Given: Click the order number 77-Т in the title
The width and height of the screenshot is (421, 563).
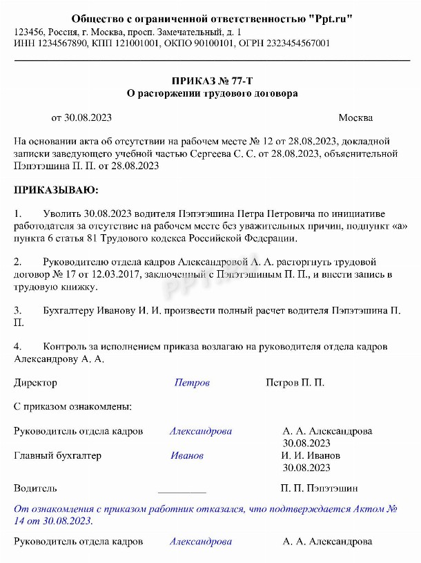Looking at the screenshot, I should [x=244, y=81].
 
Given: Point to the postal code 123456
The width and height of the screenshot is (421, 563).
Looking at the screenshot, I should [x=29, y=32].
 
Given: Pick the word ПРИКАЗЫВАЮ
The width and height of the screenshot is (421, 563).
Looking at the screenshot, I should [x=56, y=189].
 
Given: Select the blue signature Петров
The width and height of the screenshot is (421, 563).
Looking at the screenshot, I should [x=192, y=382].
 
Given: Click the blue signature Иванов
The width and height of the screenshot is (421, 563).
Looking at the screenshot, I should [x=187, y=455].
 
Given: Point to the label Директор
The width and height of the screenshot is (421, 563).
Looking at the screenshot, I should [x=35, y=382].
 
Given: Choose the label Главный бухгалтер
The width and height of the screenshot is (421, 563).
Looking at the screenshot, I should [x=57, y=455].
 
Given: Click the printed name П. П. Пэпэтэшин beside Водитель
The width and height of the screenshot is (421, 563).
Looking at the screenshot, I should [x=319, y=488].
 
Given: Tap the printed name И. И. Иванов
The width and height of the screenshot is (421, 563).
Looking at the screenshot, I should [x=310, y=455].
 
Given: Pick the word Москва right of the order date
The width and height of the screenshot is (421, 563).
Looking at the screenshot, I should [x=355, y=117].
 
